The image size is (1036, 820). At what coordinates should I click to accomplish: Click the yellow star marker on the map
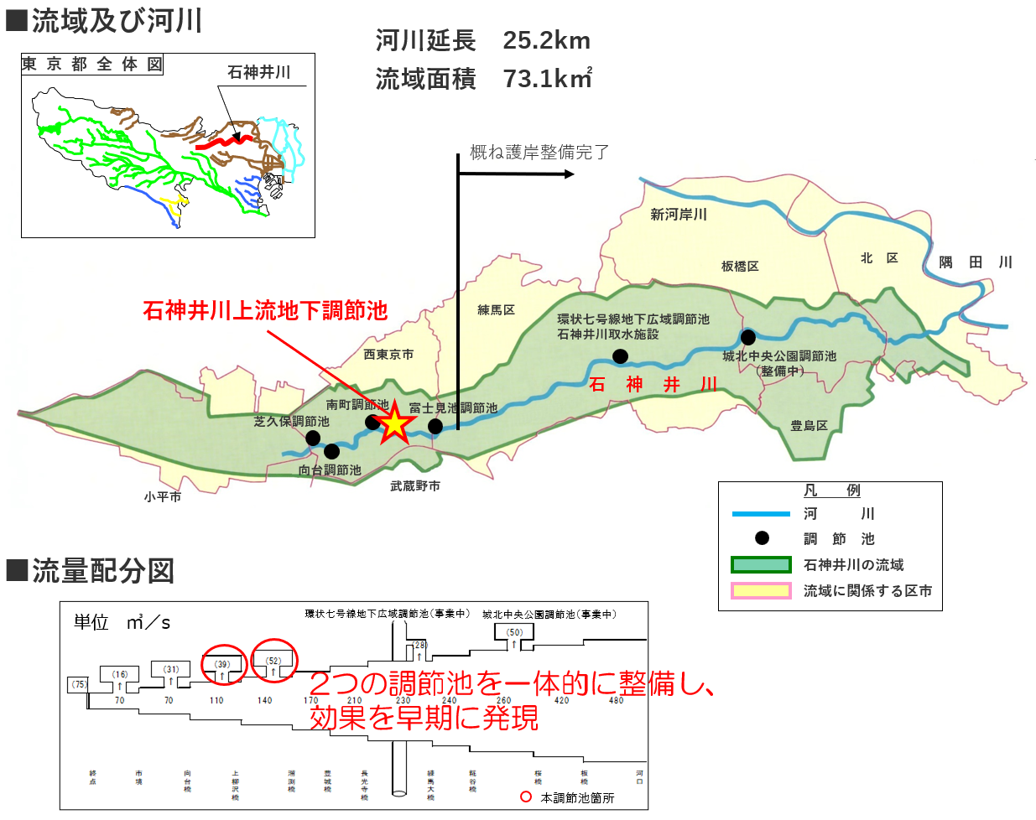pyautogui.click(x=393, y=423)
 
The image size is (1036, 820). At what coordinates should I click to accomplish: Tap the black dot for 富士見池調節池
pyautogui.click(x=435, y=426)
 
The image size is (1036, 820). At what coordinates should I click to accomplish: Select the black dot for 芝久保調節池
pyautogui.click(x=313, y=438)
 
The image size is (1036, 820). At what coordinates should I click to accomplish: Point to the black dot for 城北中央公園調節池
pyautogui.click(x=747, y=337)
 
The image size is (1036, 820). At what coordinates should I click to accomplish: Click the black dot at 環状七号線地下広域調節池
pyautogui.click(x=620, y=356)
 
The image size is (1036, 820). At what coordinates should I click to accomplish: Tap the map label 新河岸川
pyautogui.click(x=678, y=215)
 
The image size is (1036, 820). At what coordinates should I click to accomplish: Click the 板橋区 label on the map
pyautogui.click(x=740, y=266)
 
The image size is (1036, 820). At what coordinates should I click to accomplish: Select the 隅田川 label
pyautogui.click(x=976, y=262)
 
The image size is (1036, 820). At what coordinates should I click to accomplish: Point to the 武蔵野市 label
pyautogui.click(x=414, y=485)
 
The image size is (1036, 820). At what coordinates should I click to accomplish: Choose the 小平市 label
pyautogui.click(x=162, y=496)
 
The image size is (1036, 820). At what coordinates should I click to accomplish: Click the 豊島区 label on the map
pyautogui.click(x=809, y=425)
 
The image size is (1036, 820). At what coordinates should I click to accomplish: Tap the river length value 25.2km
pyautogui.click(x=546, y=40)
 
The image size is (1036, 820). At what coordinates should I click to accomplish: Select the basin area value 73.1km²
pyautogui.click(x=547, y=79)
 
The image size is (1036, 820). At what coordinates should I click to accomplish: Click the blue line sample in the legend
pyautogui.click(x=761, y=513)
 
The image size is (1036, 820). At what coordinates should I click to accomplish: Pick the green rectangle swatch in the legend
pyautogui.click(x=761, y=565)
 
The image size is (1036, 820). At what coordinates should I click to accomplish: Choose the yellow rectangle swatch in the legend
pyautogui.click(x=761, y=591)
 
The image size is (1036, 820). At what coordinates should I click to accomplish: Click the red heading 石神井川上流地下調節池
pyautogui.click(x=265, y=310)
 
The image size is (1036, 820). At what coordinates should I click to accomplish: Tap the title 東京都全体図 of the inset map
pyautogui.click(x=92, y=65)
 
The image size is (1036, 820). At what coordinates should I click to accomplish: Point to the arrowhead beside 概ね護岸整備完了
pyautogui.click(x=570, y=174)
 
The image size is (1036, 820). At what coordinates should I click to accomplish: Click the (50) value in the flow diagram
pyautogui.click(x=514, y=632)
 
